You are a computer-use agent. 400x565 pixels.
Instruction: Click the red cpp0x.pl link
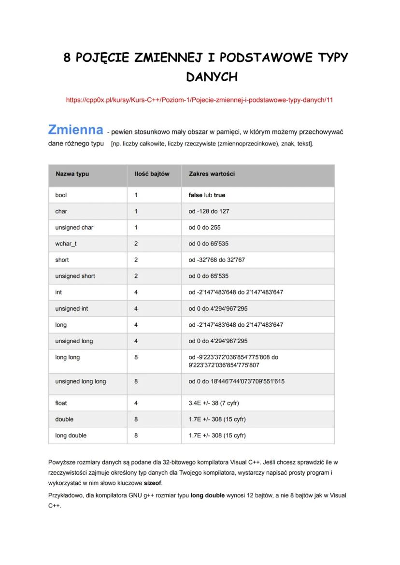tap(200, 100)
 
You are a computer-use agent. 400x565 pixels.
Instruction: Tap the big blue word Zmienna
tap(75, 130)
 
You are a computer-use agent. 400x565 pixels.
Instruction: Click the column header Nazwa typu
tap(72, 174)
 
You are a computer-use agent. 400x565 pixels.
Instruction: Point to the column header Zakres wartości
tap(212, 174)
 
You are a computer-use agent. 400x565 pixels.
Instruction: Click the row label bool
tap(61, 195)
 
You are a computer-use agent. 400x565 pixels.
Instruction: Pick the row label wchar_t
tap(66, 244)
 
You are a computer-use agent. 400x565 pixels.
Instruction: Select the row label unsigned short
tap(75, 276)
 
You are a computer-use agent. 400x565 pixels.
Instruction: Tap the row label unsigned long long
tap(80, 381)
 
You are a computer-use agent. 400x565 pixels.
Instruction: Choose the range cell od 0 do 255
tap(204, 228)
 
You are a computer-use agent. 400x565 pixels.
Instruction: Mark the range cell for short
tap(216, 260)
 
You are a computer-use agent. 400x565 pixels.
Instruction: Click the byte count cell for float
tap(136, 403)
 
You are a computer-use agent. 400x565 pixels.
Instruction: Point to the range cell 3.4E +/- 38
tap(214, 403)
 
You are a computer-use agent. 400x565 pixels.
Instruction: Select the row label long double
tap(71, 435)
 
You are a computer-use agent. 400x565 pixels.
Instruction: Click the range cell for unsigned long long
tap(236, 381)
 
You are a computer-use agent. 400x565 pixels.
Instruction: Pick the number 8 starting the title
tap(67, 58)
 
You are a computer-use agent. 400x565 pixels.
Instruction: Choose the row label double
tap(64, 419)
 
